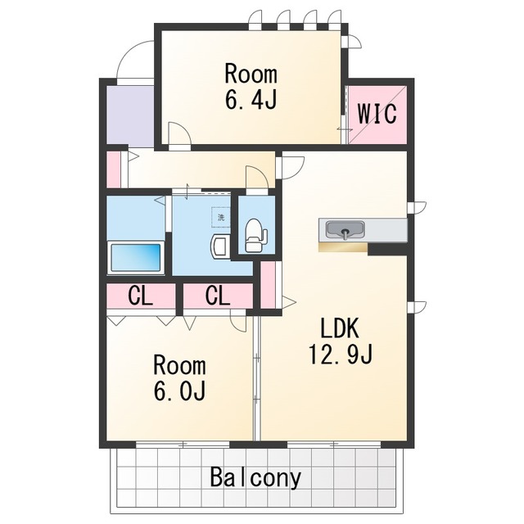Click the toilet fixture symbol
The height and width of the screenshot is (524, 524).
point(255,235)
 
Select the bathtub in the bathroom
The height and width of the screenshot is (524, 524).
point(136,257)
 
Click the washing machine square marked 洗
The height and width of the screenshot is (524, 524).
point(221,218)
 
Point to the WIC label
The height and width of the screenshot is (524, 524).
point(377,114)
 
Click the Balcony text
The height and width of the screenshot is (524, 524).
point(255,478)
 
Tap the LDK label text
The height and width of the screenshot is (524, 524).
point(340,328)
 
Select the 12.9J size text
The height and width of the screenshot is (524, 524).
point(340,355)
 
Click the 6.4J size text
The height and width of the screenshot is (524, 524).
point(251,99)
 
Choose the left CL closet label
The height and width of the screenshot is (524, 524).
point(140,296)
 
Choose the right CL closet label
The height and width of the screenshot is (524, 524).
point(218,296)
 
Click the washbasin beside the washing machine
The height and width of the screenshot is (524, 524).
point(220,246)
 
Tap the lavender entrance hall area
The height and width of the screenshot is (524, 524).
point(130,116)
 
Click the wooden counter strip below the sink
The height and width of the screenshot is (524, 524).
point(343,247)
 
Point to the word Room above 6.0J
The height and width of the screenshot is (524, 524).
point(179,366)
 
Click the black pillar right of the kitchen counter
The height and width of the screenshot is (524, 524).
point(387,249)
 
